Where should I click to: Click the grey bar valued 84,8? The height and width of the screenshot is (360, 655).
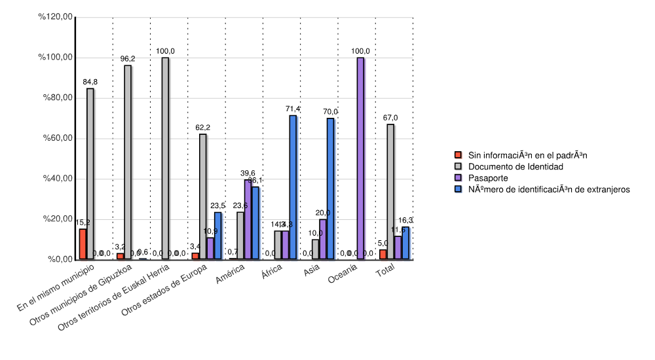(90, 173)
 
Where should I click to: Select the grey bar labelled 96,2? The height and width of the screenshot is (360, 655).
(128, 162)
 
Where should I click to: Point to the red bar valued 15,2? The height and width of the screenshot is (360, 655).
(83, 243)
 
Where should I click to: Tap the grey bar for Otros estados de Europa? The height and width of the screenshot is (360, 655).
(203, 196)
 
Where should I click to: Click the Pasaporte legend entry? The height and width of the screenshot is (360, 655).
(487, 178)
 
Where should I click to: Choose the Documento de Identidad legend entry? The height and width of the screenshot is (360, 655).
(515, 167)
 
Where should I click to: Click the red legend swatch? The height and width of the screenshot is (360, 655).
(458, 156)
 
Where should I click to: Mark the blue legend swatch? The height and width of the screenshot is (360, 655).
(458, 189)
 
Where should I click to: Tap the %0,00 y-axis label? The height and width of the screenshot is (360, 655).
(58, 259)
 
